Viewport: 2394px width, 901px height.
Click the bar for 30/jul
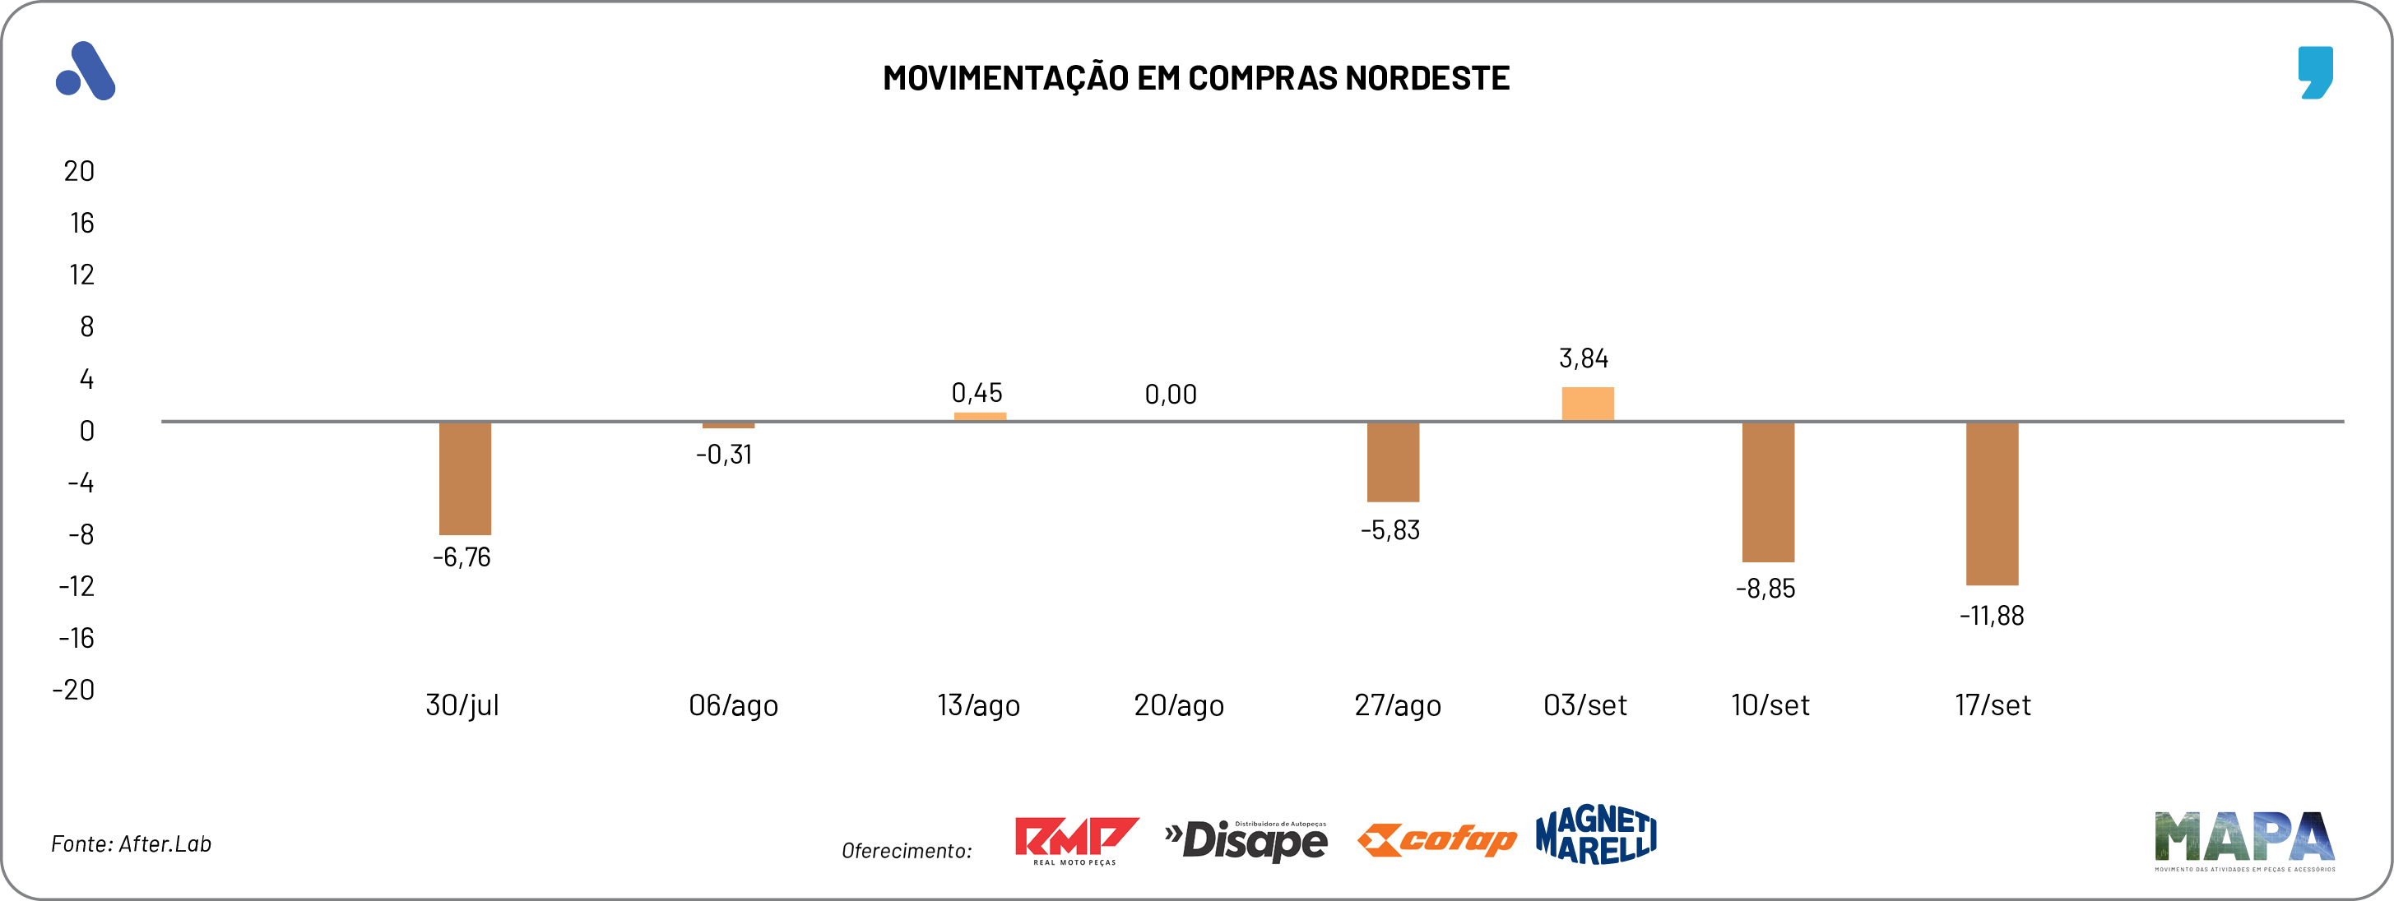tap(465, 478)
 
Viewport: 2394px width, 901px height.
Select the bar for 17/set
tap(1992, 503)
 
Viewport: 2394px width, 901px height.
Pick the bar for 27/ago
tap(1392, 462)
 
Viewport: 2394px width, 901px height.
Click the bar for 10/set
tap(1768, 492)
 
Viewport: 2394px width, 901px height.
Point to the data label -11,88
tap(1991, 616)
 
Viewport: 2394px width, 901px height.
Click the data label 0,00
tap(1170, 395)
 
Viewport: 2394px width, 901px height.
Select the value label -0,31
tap(724, 455)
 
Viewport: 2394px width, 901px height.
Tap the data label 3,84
tap(1583, 358)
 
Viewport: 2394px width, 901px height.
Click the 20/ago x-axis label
tap(1178, 705)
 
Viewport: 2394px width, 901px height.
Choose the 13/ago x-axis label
tap(977, 705)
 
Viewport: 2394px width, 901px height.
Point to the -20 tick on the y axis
tap(73, 689)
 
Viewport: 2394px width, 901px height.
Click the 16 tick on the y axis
tap(81, 223)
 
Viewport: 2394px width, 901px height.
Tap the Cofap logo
tap(1436, 839)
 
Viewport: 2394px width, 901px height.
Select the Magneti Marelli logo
tap(1596, 834)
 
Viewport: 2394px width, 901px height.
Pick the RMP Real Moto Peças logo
tap(1075, 839)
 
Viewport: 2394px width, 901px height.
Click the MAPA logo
tap(2243, 839)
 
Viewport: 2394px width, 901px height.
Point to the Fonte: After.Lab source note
tap(131, 843)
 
